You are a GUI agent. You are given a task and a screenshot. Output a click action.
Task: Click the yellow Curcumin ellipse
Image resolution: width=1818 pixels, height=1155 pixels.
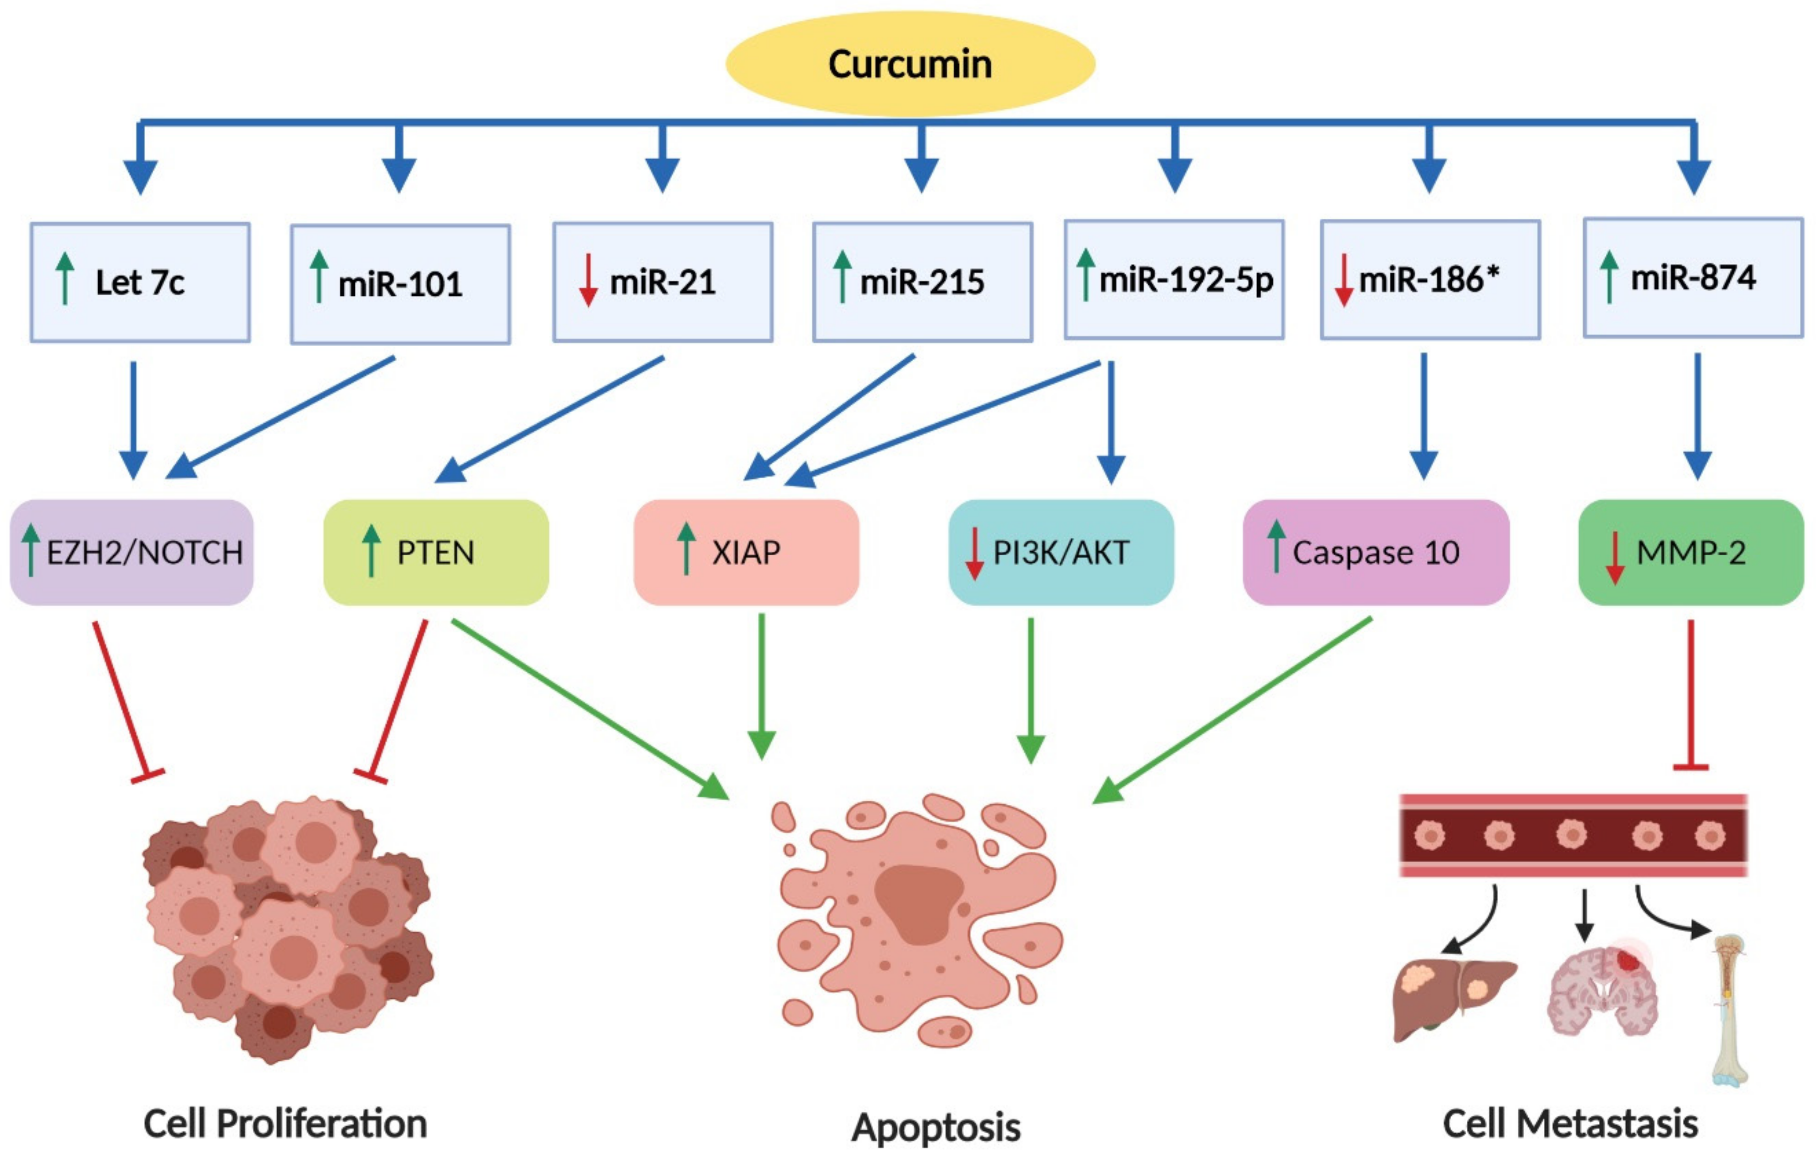910,63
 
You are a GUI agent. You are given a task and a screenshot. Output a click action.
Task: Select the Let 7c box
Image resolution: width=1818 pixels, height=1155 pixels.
140,282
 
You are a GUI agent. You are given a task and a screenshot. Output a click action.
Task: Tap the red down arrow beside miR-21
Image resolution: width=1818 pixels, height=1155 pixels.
588,280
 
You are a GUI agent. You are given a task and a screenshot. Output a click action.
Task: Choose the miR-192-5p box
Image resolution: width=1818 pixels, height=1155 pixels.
1174,279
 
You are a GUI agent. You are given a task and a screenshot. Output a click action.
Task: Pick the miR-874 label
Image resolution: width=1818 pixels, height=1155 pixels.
1694,278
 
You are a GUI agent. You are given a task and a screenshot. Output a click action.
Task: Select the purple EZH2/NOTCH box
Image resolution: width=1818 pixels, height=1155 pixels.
132,552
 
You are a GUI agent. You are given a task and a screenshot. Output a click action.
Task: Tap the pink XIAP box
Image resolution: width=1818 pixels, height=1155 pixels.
746,552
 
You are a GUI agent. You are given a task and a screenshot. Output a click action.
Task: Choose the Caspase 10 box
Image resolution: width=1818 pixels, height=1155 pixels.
1376,552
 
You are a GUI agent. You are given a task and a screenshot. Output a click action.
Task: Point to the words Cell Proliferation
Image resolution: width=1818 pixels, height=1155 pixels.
285,1123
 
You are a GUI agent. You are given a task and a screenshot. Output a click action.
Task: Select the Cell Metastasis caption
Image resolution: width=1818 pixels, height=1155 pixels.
1571,1123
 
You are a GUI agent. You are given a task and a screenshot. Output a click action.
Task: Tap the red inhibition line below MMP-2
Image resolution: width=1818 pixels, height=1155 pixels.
1691,694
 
